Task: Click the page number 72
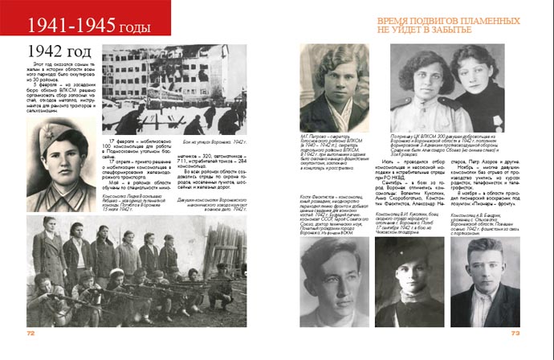coord(31,331)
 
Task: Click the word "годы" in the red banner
coord(134,28)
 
